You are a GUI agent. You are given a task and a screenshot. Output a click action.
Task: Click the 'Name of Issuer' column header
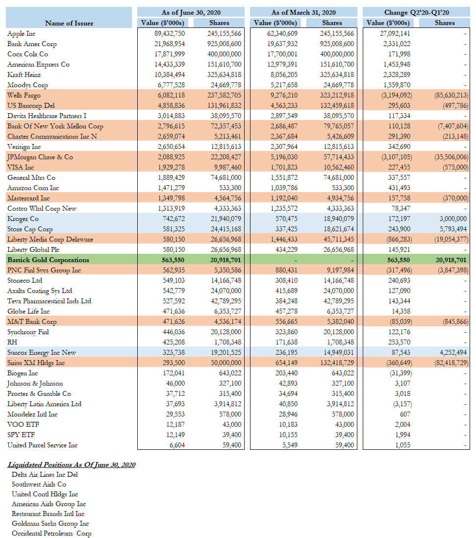tap(69, 23)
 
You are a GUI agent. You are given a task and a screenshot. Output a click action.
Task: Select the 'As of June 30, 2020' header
tap(191, 12)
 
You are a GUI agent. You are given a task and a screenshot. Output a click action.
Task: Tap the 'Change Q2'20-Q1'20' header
tap(416, 12)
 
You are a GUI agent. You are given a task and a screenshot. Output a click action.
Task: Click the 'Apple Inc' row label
tap(21, 34)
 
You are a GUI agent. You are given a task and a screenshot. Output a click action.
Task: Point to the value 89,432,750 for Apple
tap(167, 34)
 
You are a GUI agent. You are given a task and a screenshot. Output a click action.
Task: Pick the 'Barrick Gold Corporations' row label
tap(48, 260)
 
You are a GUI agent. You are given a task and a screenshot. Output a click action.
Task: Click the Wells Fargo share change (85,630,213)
tap(449, 96)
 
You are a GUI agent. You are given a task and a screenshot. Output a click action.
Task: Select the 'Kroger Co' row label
tap(23, 219)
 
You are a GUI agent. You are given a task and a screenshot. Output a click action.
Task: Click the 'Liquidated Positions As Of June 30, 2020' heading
tap(72, 465)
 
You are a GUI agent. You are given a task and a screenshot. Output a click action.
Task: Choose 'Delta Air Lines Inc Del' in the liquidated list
tap(45, 474)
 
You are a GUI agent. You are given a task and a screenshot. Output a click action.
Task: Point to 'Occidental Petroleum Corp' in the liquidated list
tap(51, 533)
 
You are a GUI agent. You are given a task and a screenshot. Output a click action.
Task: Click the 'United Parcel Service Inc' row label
tap(43, 445)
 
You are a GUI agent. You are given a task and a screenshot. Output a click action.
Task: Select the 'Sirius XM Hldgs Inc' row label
tap(36, 363)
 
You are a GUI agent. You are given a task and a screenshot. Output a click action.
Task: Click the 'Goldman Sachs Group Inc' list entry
tap(50, 523)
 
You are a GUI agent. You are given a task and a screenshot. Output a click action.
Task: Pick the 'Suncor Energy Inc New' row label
tap(42, 353)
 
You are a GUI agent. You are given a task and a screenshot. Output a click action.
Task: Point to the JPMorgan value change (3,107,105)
tap(392, 157)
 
